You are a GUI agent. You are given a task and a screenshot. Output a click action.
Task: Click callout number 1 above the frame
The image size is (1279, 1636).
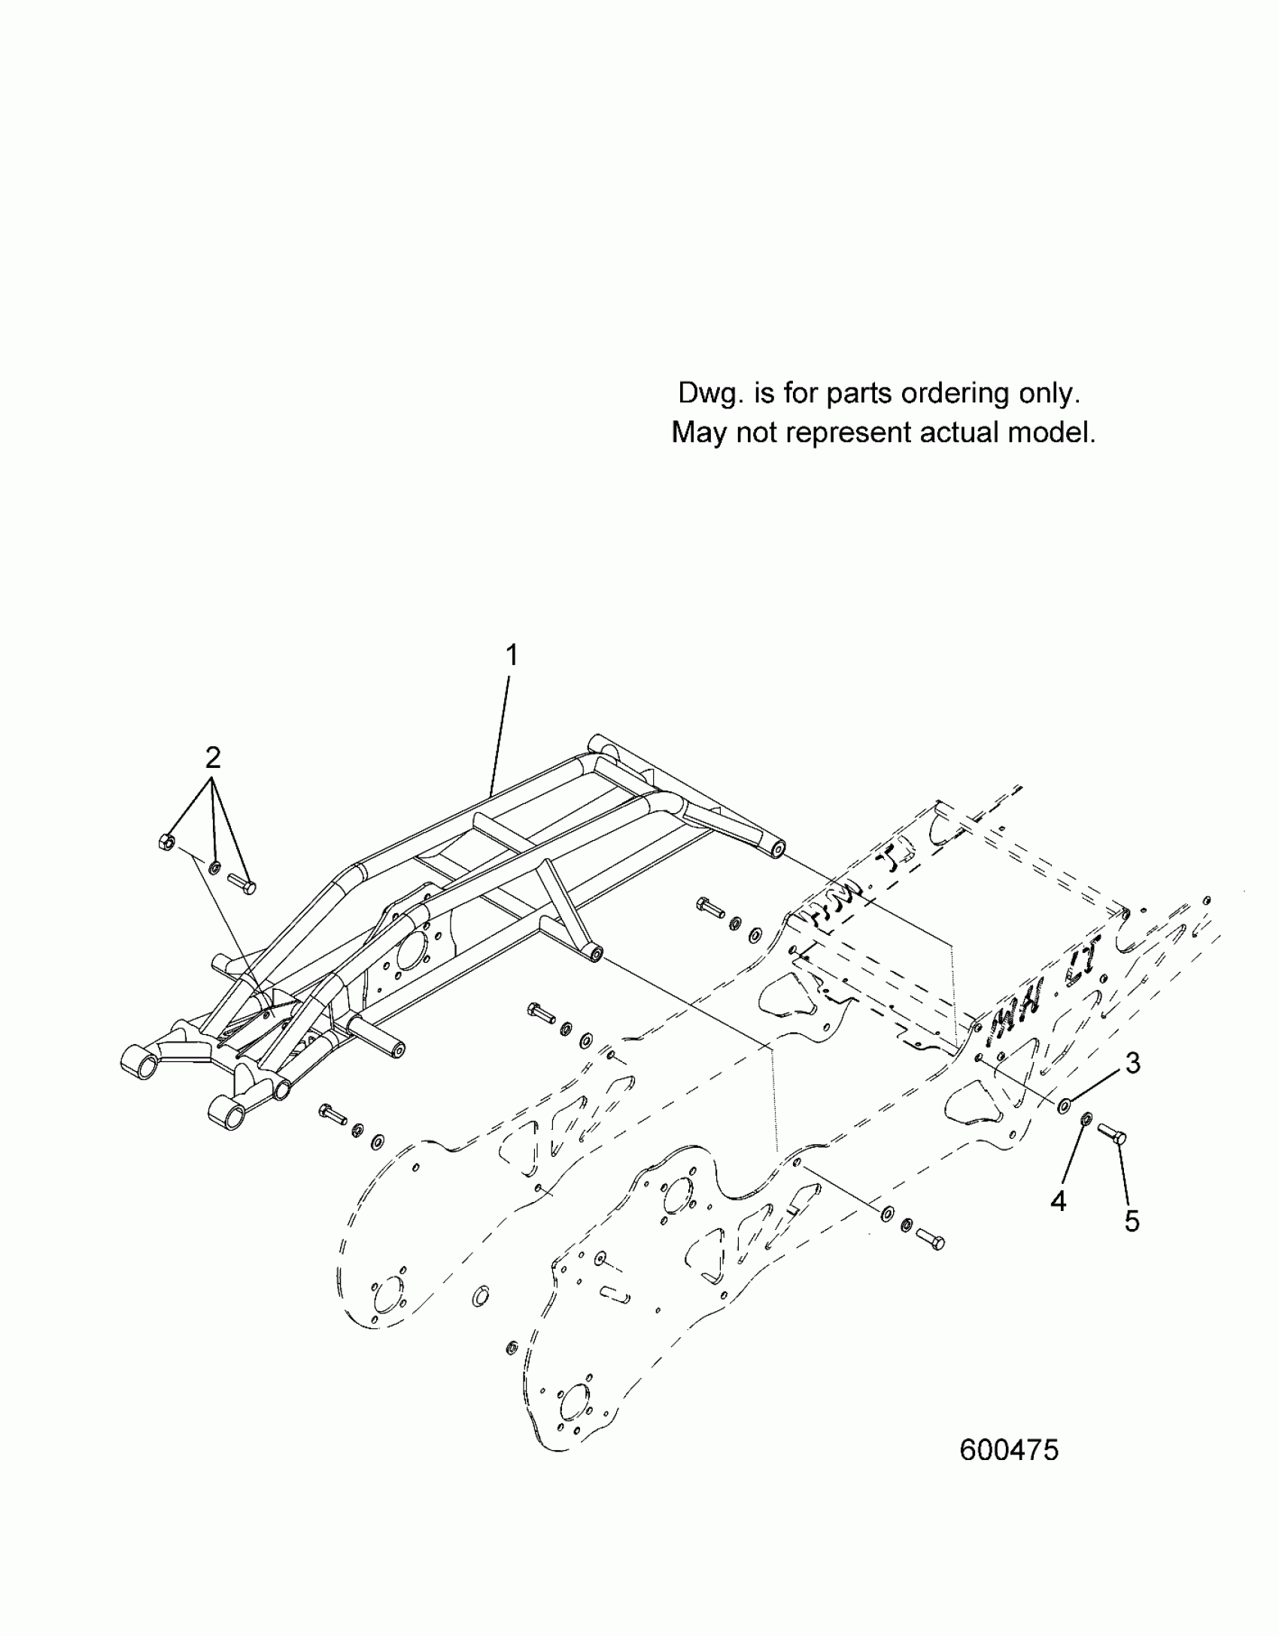512,656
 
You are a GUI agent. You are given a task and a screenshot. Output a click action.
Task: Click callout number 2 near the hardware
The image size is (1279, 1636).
213,757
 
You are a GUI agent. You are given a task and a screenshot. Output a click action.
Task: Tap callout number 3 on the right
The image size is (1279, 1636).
1133,1064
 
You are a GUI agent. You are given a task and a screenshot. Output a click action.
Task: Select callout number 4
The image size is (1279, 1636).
1058,1201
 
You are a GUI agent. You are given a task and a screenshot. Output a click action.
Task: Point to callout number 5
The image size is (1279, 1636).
1132,1221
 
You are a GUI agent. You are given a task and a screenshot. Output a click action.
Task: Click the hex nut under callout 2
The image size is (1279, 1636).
167,842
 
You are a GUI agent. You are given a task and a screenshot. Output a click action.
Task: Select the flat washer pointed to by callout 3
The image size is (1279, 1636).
1065,1106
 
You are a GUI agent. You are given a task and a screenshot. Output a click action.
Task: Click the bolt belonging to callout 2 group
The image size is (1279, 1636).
242,882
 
